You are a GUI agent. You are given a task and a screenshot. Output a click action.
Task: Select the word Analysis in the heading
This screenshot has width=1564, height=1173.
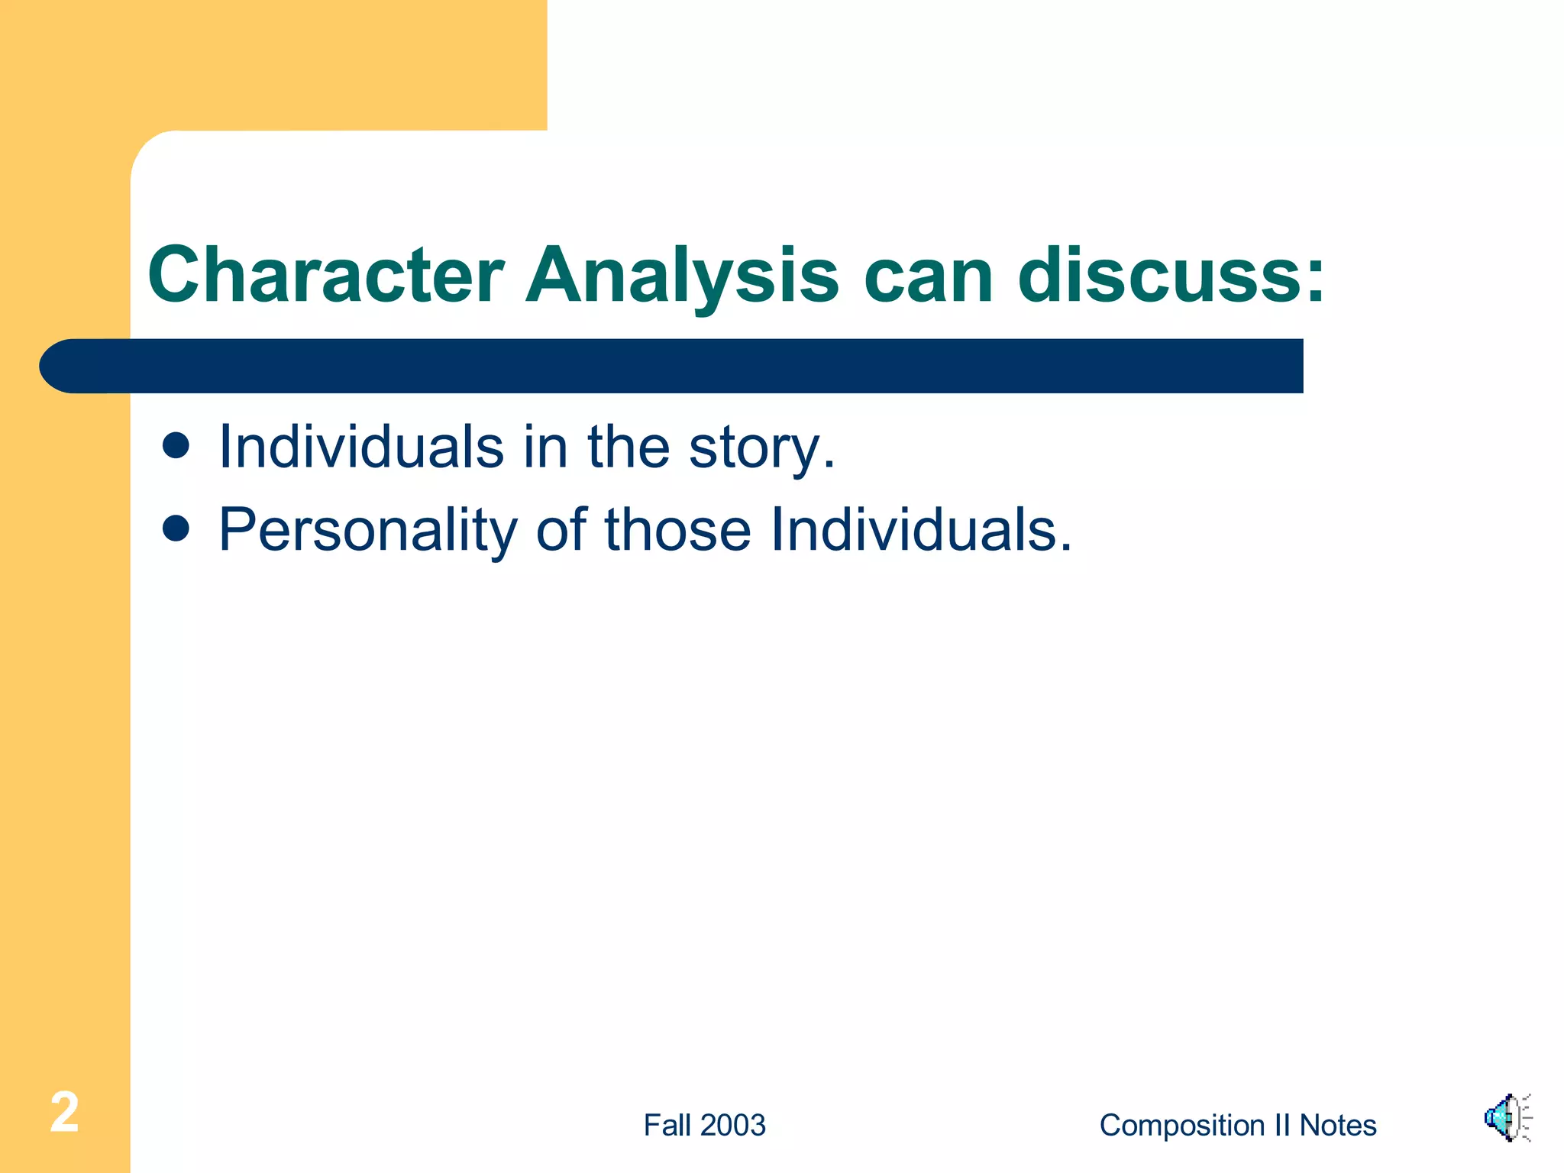pos(682,275)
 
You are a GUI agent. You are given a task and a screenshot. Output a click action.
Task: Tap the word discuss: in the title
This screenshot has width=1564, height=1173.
pos(1171,275)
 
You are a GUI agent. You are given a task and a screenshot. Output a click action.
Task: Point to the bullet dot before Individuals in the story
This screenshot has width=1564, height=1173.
pos(176,445)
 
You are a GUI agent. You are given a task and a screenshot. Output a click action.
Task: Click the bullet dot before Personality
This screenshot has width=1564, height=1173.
pos(176,528)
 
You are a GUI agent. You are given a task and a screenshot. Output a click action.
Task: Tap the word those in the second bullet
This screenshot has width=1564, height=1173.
pos(678,529)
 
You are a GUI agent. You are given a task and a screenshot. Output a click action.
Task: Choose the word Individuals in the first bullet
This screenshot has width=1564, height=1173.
pos(361,447)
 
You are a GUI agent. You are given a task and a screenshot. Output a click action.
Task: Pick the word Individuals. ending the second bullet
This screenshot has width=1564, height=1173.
pos(921,529)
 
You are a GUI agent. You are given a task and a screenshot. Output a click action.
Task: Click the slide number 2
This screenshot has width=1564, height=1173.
pos(64,1113)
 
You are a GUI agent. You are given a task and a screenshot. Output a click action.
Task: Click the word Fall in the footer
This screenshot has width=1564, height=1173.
pos(667,1125)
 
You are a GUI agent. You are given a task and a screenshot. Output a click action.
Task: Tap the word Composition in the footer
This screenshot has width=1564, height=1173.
pos(1182,1125)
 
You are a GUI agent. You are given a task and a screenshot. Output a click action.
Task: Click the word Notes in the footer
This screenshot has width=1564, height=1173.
pos(1338,1125)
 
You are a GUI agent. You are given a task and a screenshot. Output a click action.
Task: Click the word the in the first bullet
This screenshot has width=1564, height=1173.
pos(628,447)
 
